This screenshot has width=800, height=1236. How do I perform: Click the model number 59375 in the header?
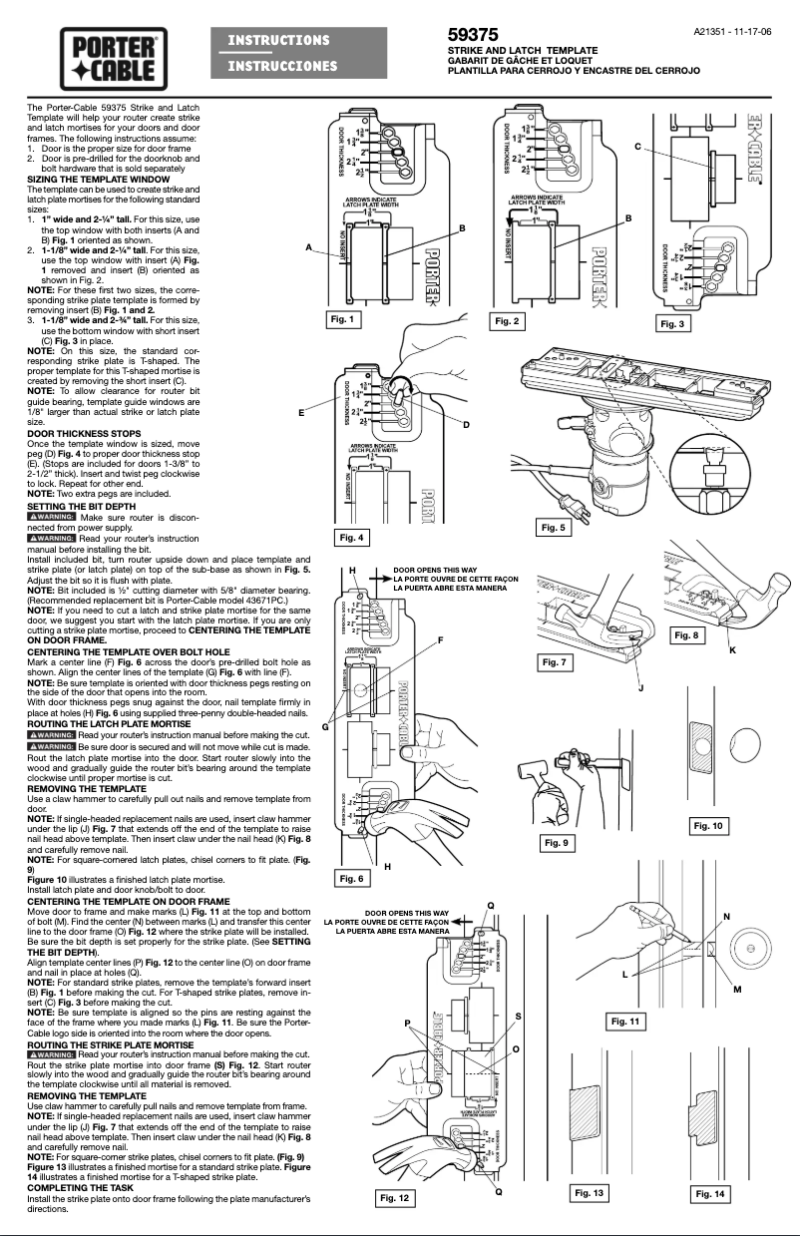(x=474, y=35)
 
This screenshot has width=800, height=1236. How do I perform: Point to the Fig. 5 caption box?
(x=552, y=526)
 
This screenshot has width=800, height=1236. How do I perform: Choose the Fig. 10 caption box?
(x=709, y=826)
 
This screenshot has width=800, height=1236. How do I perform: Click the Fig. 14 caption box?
(x=712, y=1194)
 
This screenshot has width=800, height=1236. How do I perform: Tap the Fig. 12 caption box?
(x=396, y=1197)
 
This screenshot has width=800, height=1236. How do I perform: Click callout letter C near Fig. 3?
(x=637, y=147)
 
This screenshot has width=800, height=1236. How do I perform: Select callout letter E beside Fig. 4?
(x=300, y=411)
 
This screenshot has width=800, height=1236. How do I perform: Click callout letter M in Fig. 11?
(x=737, y=961)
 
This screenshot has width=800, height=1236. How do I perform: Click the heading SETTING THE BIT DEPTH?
(x=80, y=507)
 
